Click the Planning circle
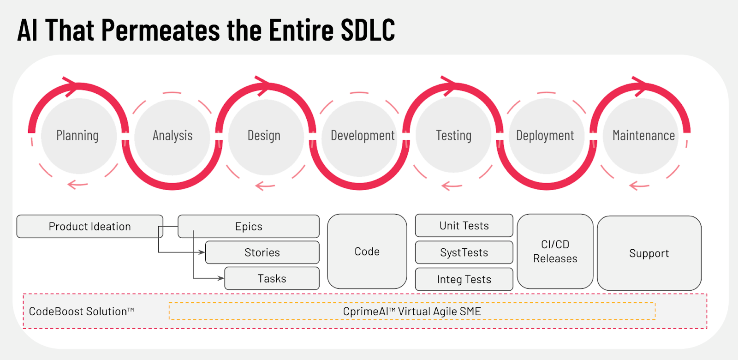78,136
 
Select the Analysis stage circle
173,136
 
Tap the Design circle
264,136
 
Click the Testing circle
454,136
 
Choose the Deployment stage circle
545,136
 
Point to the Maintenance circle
643,136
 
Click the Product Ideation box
89,227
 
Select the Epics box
249,227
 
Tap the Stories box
262,252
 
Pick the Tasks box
272,279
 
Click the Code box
367,252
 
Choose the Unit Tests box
464,226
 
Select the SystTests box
464,252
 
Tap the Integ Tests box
464,279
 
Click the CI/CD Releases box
555,252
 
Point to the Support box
649,253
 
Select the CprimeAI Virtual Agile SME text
412,312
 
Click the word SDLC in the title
368,30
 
